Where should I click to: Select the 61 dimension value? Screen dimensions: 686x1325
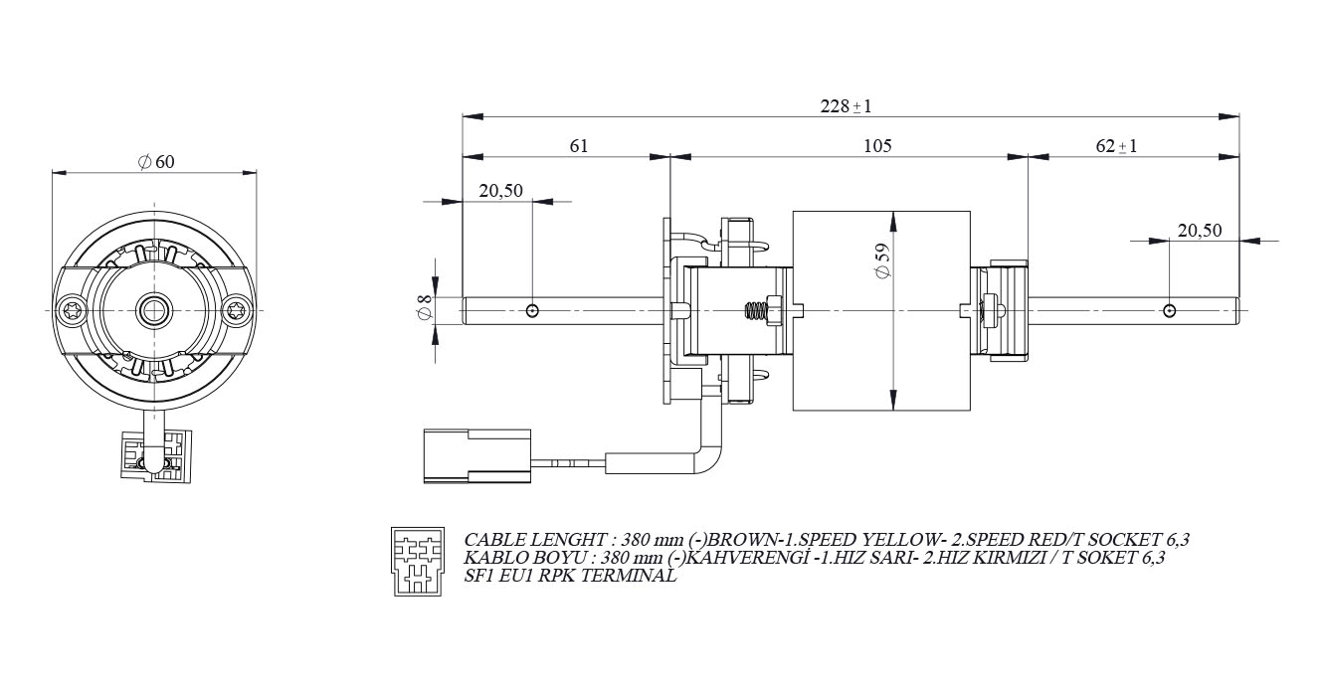pyautogui.click(x=579, y=145)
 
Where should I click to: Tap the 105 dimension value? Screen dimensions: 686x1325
pyautogui.click(x=877, y=145)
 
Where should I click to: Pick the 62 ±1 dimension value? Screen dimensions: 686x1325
pyautogui.click(x=1116, y=146)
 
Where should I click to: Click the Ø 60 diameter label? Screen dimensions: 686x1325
pyautogui.click(x=156, y=162)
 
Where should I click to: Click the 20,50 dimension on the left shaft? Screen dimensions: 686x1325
pyautogui.click(x=500, y=191)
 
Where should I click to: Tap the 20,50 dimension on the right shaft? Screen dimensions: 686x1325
pyautogui.click(x=1200, y=230)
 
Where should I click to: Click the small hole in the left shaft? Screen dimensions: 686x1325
pyautogui.click(x=533, y=311)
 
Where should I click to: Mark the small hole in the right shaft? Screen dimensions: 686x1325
pyautogui.click(x=1170, y=311)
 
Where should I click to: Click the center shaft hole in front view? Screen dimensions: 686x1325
pyautogui.click(x=154, y=310)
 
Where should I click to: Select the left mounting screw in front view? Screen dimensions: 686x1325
pyautogui.click(x=73, y=310)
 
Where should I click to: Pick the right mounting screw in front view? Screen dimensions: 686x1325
pyautogui.click(x=236, y=310)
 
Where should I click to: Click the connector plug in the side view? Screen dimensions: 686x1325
pyautogui.click(x=474, y=455)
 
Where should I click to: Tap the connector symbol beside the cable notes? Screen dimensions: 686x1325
pyautogui.click(x=416, y=560)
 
